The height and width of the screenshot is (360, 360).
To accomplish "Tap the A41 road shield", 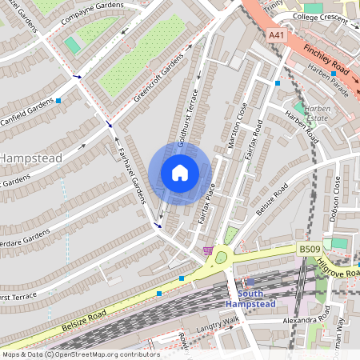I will click(x=277, y=35).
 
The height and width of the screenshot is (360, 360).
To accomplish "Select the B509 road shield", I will click(x=310, y=250).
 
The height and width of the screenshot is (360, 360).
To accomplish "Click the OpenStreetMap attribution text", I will click(x=80, y=354).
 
